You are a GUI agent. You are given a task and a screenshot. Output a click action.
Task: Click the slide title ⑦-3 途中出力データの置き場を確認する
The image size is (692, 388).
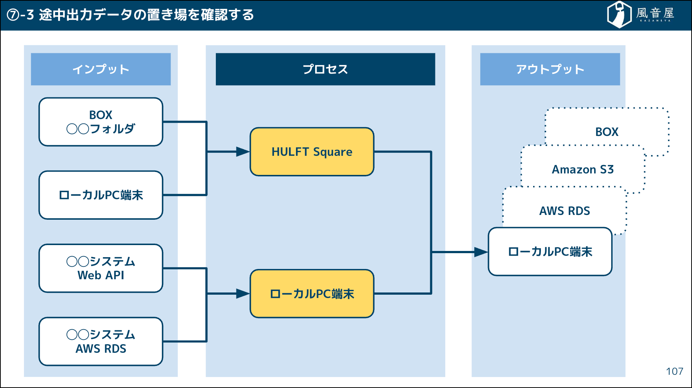point(131,15)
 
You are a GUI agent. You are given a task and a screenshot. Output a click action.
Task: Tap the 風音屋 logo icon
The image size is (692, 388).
point(619,14)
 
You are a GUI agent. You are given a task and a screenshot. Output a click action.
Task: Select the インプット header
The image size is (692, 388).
point(101,69)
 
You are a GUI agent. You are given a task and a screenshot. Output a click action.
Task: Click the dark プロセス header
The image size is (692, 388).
point(325,69)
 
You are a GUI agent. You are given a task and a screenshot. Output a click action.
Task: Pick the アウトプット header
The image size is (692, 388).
point(550,69)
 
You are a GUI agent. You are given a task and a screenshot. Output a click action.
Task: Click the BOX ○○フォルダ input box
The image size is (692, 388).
point(101,122)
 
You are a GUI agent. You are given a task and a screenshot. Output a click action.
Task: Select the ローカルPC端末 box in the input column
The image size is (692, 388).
point(101,195)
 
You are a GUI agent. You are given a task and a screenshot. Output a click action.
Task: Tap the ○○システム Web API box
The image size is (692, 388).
point(101,268)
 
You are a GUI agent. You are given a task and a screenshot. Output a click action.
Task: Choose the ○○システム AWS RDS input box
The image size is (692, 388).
point(101,341)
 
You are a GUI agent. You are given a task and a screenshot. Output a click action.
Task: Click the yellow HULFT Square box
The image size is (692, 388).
point(312,152)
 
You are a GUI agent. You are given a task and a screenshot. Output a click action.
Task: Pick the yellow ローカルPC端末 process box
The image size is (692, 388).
point(312,294)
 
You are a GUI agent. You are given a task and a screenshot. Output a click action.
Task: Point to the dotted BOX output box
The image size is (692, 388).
point(607,132)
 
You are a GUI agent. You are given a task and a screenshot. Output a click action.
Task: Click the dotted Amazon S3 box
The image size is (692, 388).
point(583,169)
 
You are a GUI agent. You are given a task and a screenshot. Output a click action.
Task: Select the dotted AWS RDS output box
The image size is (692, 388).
point(564,211)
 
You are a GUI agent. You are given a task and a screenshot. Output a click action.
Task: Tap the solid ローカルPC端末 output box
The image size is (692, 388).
point(550,252)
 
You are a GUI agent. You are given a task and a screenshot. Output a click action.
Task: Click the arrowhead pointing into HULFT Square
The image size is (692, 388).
point(243,152)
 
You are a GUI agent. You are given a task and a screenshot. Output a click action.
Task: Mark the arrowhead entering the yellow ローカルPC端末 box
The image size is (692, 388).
point(243,294)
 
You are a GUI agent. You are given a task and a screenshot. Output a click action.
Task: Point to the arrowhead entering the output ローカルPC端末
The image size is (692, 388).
point(481,252)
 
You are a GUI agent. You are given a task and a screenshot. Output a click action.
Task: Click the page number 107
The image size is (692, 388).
point(674,371)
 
